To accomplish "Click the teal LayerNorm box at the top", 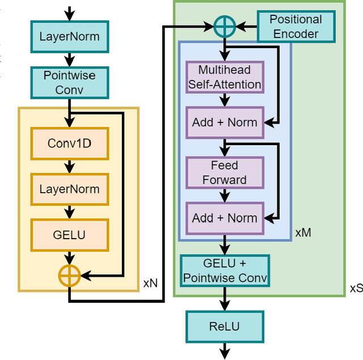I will [x=69, y=37].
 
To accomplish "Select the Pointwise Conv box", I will [x=69, y=83].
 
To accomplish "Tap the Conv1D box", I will [x=69, y=143].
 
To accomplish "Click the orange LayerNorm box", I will [x=69, y=189].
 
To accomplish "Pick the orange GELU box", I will [x=69, y=235].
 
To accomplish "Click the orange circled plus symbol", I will [x=69, y=276].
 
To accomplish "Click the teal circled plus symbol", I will [x=225, y=26].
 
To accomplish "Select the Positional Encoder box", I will [x=296, y=27].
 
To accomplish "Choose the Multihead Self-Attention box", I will [x=225, y=78].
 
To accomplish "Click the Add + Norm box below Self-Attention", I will [x=225, y=122].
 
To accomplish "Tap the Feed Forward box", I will [x=225, y=173].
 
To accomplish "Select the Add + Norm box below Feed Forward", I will [x=225, y=218].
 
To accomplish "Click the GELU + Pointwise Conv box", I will [x=225, y=271].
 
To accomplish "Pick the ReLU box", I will [x=225, y=327].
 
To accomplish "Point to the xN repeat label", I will [x=150, y=282].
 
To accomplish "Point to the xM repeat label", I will [x=303, y=232].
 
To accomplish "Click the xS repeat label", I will [x=355, y=289].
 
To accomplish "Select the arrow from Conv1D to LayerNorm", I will [x=69, y=167].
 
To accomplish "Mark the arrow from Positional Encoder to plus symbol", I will [x=247, y=26].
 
